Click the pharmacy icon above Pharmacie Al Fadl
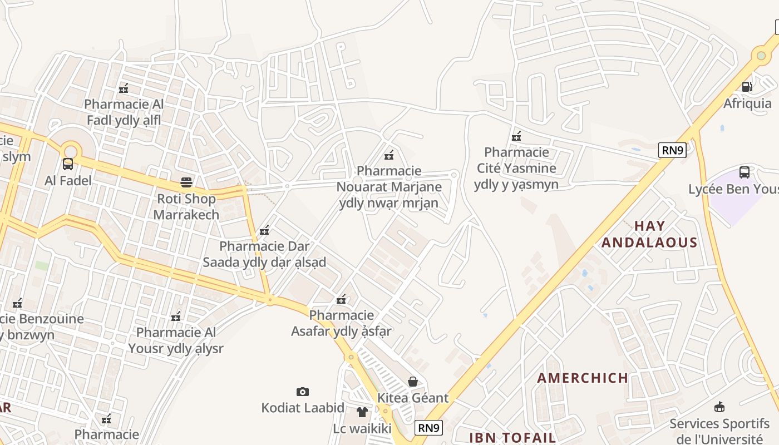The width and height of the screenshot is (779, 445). [x=124, y=88]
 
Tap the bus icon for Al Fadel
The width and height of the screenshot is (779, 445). [x=68, y=164]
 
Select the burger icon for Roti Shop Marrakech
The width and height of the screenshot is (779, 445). [x=186, y=182]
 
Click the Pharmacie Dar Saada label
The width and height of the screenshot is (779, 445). [x=264, y=254]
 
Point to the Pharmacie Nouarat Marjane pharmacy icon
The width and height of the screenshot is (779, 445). [x=389, y=155]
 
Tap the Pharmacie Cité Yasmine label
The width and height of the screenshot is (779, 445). [x=516, y=168]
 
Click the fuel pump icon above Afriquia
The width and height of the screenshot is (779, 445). [x=747, y=86]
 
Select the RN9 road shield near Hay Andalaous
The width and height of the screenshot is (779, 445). [x=672, y=150]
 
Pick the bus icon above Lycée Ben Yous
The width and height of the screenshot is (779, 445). [x=745, y=172]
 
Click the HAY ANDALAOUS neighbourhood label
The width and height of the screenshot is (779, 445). [x=649, y=234]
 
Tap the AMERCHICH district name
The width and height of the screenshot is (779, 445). [x=583, y=378]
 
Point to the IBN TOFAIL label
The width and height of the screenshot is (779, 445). [x=512, y=437]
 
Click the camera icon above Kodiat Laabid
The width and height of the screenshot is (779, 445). [x=303, y=392]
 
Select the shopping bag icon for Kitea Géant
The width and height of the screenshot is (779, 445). [x=413, y=382]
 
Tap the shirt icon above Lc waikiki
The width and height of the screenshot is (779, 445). [x=362, y=412]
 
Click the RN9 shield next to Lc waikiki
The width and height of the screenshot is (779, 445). [x=429, y=427]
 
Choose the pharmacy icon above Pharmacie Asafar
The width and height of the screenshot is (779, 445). [x=342, y=300]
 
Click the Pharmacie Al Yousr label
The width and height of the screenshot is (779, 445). [x=176, y=340]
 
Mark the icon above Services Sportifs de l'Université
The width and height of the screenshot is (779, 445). [x=719, y=407]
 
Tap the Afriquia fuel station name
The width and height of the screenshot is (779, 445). [x=747, y=103]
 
